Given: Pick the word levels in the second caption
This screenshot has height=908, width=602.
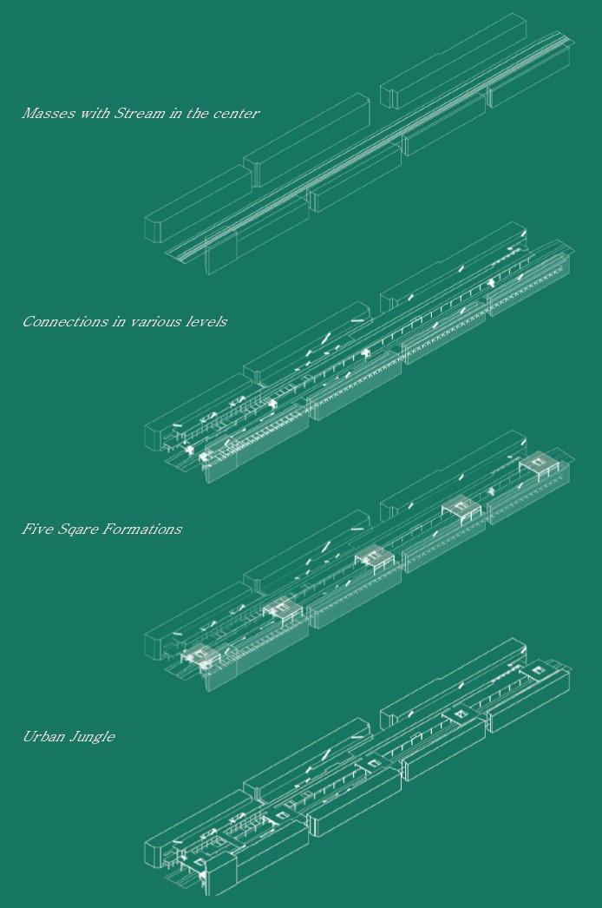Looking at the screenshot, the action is coord(206,321).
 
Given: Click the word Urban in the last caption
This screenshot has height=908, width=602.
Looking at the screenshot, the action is coord(43,737).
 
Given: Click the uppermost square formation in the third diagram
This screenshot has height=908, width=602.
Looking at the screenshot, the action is coord(540,464).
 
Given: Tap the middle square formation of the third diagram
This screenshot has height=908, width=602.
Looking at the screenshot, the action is coord(375,557).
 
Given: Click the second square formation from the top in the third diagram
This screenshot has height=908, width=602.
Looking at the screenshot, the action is coord(461,510).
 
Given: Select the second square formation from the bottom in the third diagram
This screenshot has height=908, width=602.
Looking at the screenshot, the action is coord(283,609).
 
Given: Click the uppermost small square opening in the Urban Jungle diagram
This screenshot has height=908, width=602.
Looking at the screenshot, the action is coord(538,670).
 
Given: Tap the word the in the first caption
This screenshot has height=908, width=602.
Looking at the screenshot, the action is coord(197,113).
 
